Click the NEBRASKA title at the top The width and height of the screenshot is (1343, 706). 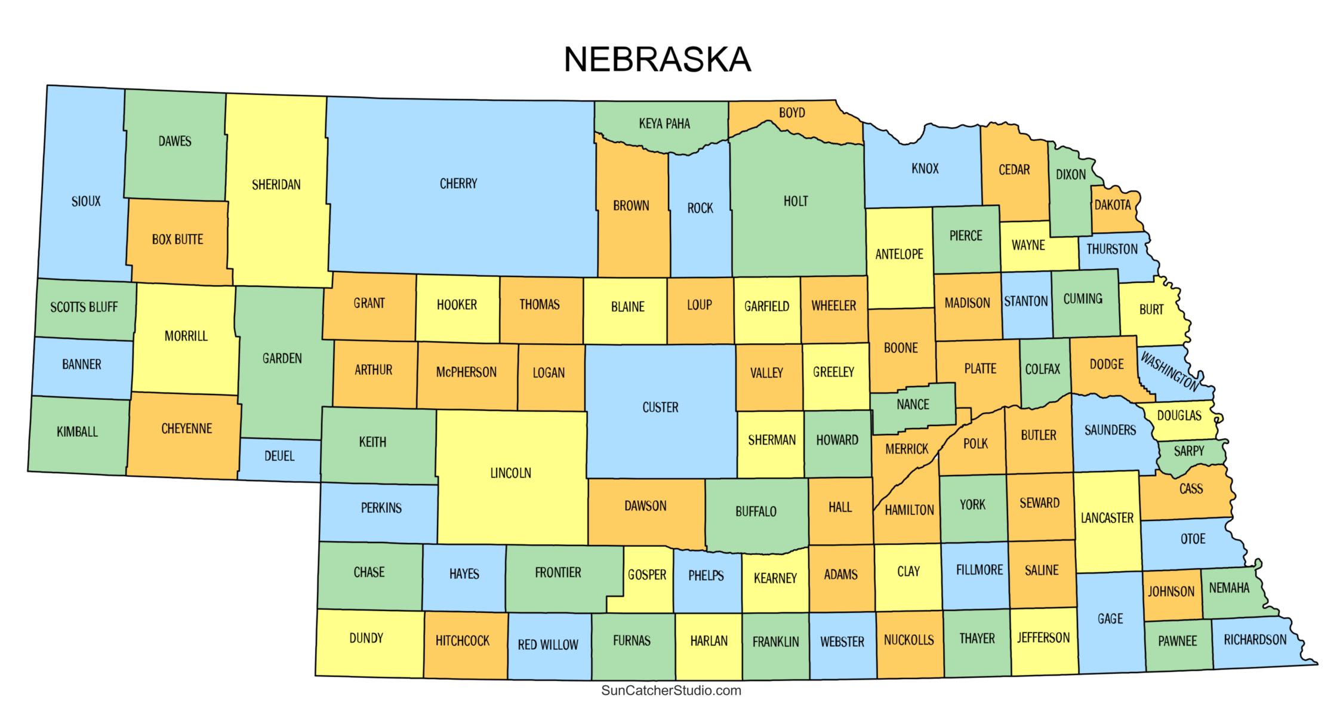point(657,60)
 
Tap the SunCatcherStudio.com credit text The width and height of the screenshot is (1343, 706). point(671,690)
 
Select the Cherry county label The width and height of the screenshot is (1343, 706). point(458,184)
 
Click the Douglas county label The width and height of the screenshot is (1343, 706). point(1179,415)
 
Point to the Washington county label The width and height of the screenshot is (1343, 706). point(1169,371)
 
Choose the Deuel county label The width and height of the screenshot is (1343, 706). point(279,456)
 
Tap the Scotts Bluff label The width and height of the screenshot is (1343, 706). point(84,307)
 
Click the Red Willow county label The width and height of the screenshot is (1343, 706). point(548,645)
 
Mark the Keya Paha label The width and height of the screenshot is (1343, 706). point(664,124)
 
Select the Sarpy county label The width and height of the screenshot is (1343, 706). point(1189,451)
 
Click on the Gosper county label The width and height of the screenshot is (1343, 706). point(647,575)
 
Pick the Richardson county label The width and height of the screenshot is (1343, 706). point(1255,640)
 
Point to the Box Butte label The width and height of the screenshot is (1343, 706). point(177,239)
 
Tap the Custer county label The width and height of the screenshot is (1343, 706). point(660,408)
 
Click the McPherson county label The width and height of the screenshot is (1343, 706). point(466,372)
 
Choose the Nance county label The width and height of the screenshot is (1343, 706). point(913,405)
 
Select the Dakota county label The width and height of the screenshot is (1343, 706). point(1113,205)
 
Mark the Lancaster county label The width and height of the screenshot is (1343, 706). point(1107,518)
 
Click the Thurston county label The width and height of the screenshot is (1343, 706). point(1112,249)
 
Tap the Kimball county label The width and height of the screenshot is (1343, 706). point(77,431)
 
